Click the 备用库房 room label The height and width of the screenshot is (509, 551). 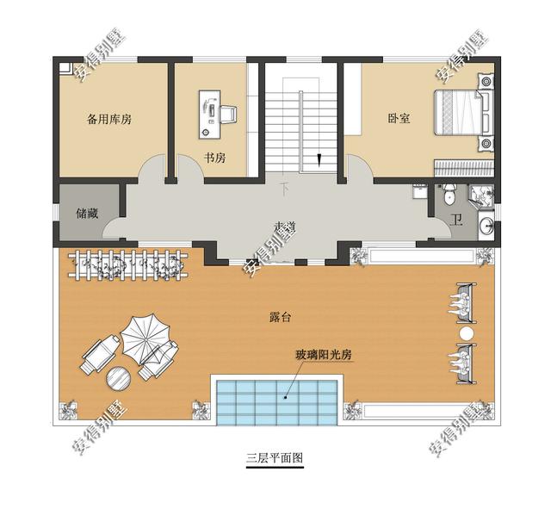pos(109,120)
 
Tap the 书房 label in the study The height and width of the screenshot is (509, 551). pos(214,158)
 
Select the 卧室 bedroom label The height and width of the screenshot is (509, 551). pos(399,120)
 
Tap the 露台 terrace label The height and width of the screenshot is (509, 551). pos(280,317)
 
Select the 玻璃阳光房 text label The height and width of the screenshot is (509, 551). pos(324,356)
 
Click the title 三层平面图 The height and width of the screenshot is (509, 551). pos(275,458)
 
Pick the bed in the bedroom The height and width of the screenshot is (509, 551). pos(462,114)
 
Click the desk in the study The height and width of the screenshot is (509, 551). pos(209,114)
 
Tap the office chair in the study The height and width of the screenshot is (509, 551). pos(228,113)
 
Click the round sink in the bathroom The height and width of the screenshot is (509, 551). pos(487,226)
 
